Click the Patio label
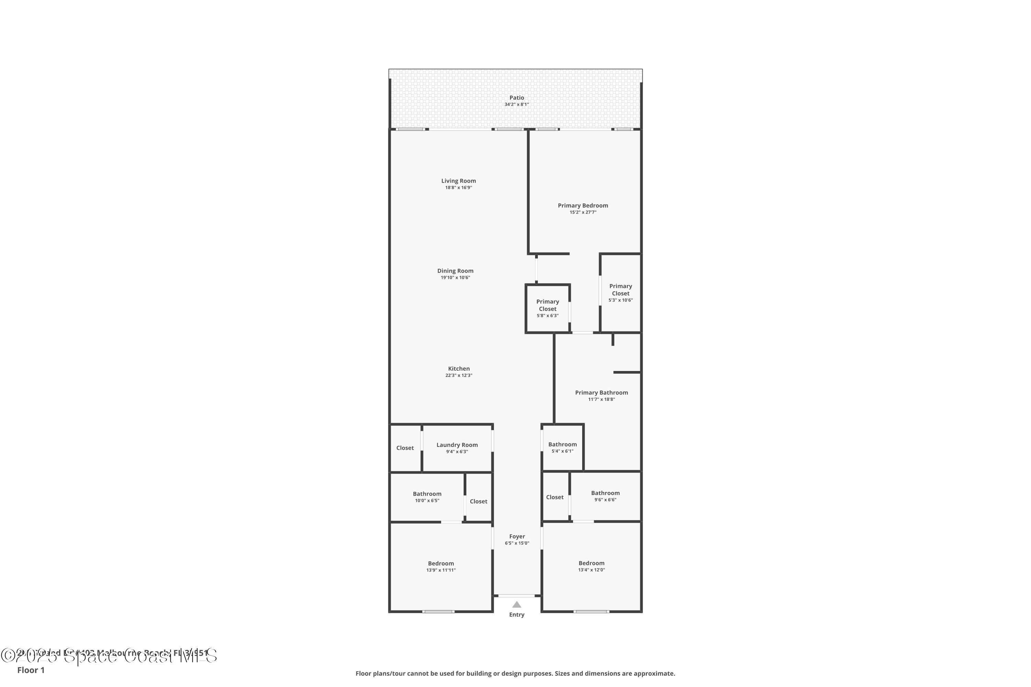(x=517, y=98)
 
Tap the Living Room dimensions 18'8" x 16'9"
(x=458, y=188)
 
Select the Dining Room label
(x=455, y=271)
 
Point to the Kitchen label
(x=458, y=369)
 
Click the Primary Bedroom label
(x=583, y=205)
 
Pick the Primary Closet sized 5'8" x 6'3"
(x=547, y=308)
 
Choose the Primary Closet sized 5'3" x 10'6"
(x=620, y=293)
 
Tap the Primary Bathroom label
(x=601, y=393)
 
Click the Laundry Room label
(x=457, y=445)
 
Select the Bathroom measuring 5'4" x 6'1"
(x=562, y=447)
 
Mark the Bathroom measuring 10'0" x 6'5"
(x=427, y=496)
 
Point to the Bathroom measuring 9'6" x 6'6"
(x=605, y=496)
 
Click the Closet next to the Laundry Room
(x=404, y=448)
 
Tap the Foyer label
(x=517, y=536)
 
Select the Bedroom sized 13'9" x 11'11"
(x=441, y=566)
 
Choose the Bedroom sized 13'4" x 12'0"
(x=591, y=566)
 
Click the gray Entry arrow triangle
(x=517, y=605)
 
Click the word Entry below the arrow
(x=517, y=615)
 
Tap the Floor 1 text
(x=31, y=670)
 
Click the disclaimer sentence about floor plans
(x=515, y=673)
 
